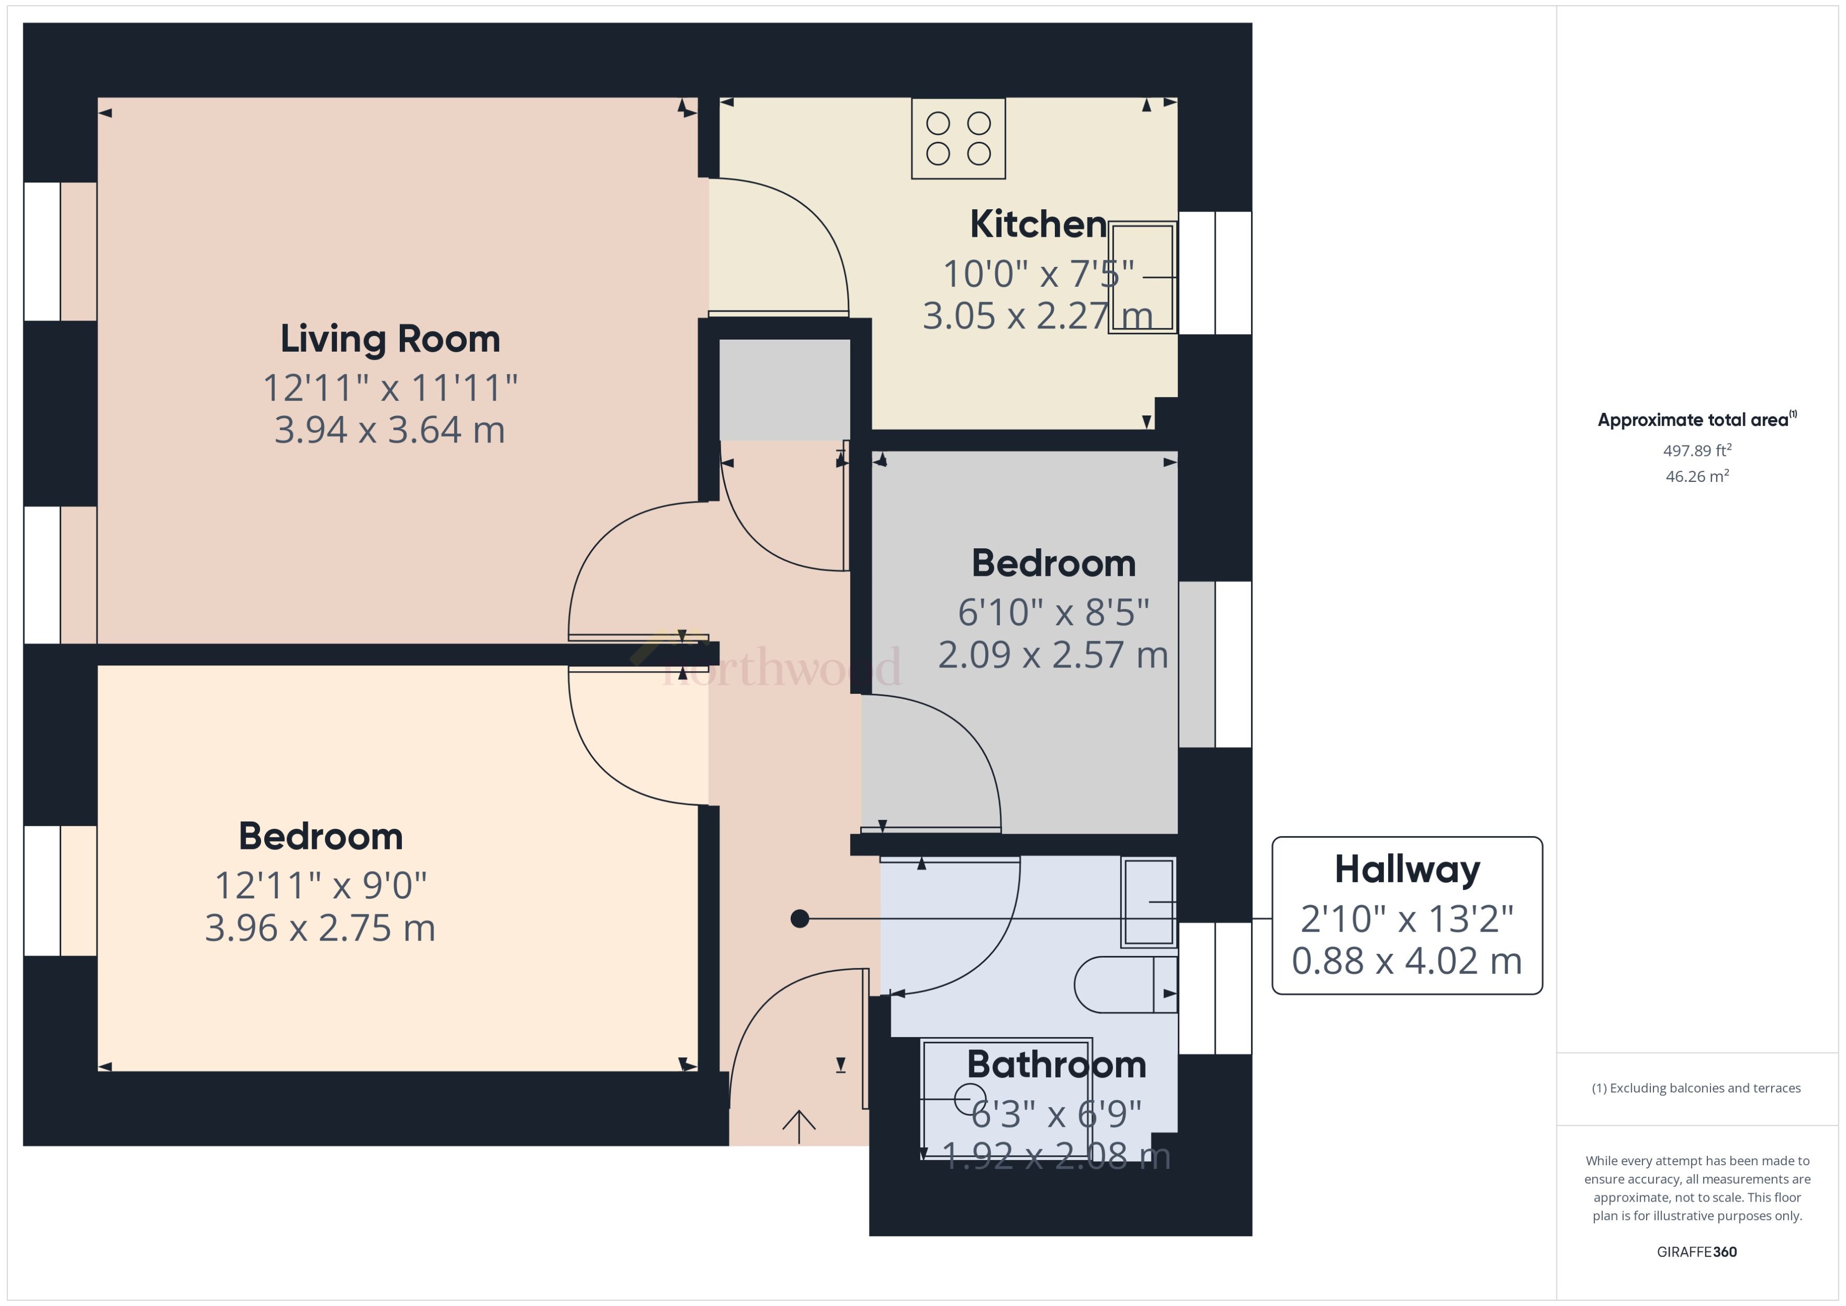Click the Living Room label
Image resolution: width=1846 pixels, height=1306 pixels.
[390, 338]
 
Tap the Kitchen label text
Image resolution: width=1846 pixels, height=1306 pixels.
[1037, 225]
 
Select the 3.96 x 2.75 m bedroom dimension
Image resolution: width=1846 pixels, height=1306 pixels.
[320, 928]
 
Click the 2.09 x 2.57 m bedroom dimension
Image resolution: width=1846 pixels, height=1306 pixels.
[1053, 655]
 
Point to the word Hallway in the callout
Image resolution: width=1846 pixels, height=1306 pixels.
[1407, 869]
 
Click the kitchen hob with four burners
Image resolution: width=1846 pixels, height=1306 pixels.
[958, 138]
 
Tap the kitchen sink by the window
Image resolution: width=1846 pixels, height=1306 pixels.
[1142, 277]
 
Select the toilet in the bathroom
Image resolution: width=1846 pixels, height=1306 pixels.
[1124, 984]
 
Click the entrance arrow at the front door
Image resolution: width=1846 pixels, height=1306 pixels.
[799, 1126]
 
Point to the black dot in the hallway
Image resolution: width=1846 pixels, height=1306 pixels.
[800, 918]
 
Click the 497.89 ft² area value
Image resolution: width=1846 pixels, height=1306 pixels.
[1697, 450]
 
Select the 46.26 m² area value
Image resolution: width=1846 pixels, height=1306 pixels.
[1697, 476]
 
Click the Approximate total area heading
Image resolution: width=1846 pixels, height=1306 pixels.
[1696, 420]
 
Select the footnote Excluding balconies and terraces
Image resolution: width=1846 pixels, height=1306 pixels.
[1696, 1088]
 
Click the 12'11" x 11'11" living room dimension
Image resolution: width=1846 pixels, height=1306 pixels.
[390, 389]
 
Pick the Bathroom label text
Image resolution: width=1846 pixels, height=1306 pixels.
[1056, 1065]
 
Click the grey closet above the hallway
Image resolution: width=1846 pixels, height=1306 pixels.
[784, 389]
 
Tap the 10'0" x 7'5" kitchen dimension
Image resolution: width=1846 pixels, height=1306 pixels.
[1037, 274]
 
